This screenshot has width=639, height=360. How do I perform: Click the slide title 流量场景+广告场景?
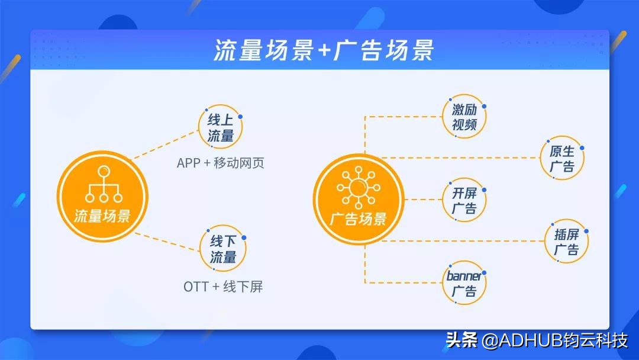pyautogui.click(x=324, y=51)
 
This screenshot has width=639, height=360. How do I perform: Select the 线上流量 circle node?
pyautogui.click(x=221, y=128)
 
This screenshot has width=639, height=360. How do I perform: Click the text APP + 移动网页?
pyautogui.click(x=220, y=163)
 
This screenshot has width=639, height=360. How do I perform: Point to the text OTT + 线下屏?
pyautogui.click(x=223, y=287)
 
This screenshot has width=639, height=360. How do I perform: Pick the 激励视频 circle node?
pyautogui.click(x=464, y=117)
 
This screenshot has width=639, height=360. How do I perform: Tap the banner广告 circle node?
pyautogui.click(x=464, y=284)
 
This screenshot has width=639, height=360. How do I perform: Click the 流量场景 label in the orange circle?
pyautogui.click(x=102, y=216)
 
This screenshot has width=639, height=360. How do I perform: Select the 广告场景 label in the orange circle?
pyautogui.click(x=359, y=218)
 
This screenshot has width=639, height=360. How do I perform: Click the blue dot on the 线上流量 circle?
pyautogui.click(x=240, y=117)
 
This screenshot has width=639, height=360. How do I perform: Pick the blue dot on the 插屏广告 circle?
pyautogui.click(x=586, y=232)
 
